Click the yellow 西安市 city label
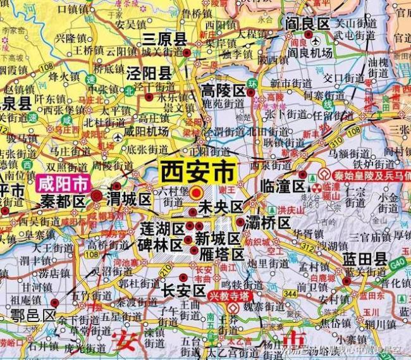point(198,171)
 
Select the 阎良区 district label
point(308,23)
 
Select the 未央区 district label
point(221,207)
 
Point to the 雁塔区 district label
point(221,254)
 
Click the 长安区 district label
point(184,290)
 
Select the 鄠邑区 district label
point(32,314)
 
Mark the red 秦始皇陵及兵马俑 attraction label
point(366,175)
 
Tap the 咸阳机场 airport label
point(147,132)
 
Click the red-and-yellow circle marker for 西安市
point(197,192)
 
